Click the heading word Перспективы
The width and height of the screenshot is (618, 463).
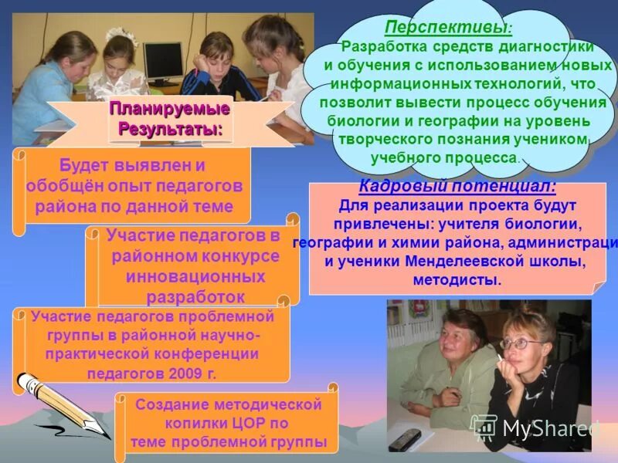coord(446,28)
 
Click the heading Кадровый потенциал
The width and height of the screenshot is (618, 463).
coord(457,188)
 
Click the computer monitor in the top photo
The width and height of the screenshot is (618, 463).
coord(163,60)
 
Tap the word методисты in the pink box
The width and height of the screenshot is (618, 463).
coord(457,279)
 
